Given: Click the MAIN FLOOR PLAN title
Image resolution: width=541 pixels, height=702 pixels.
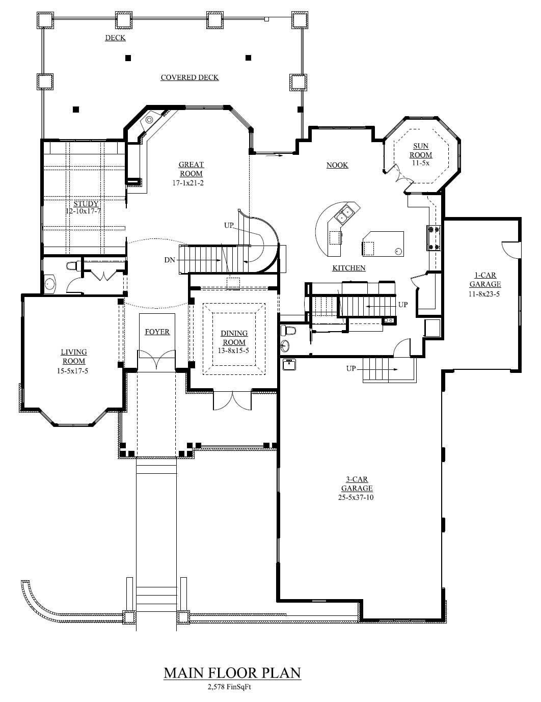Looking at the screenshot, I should point(232,672).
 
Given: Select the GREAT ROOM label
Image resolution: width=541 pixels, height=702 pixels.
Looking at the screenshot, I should point(191,169).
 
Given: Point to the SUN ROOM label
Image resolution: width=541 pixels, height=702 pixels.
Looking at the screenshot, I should point(421,150).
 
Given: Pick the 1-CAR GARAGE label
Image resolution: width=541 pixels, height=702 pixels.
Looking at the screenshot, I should point(484,280).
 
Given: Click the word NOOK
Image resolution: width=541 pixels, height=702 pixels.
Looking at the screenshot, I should point(337,165).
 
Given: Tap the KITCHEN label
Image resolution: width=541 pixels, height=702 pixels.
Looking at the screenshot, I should point(349,268).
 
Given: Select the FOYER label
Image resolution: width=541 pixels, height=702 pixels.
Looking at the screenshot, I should point(157,332).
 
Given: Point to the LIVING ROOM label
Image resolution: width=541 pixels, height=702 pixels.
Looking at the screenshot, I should point(74,357).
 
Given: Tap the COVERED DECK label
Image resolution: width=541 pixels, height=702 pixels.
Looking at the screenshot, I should point(190,77).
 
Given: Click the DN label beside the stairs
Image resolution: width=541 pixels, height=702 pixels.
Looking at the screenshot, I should point(169,260).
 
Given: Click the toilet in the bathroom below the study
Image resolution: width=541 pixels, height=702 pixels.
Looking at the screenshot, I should point(72,265).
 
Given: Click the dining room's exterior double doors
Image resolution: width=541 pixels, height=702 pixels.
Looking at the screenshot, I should point(232,400).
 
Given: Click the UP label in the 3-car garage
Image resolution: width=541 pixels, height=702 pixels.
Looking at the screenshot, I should point(351,368).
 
